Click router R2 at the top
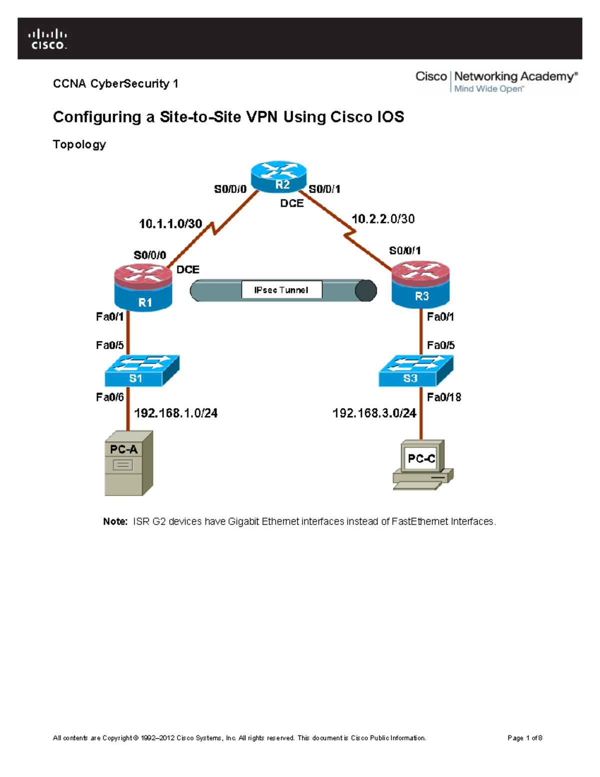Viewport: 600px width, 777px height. pos(278,177)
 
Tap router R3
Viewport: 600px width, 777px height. pos(420,284)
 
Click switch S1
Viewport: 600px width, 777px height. pos(141,371)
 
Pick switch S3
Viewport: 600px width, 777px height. pos(415,371)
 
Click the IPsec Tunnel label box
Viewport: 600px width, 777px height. pos(281,290)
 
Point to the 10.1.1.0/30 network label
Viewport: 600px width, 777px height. pos(170,224)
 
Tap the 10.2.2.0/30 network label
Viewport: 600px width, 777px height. pos(383,219)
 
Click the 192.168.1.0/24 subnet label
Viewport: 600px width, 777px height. pos(175,413)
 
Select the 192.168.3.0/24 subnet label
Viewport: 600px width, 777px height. pos(374,413)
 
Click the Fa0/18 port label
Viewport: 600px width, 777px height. pos(443,397)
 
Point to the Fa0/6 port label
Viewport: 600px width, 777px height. pos(110,397)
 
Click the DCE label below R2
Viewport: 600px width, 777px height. pos(291,203)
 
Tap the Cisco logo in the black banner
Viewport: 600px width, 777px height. pos(47,39)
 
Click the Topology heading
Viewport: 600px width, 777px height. pos(79,145)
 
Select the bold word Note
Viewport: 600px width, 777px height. pos(115,521)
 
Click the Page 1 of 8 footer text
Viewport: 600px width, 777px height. pos(524,738)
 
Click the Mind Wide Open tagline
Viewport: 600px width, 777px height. pos(488,89)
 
